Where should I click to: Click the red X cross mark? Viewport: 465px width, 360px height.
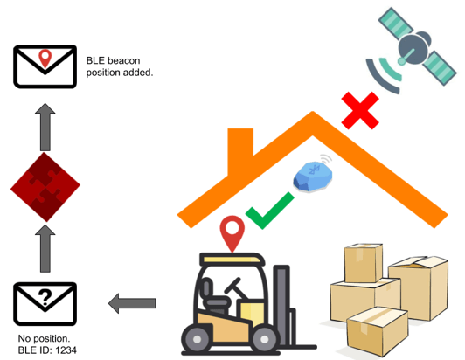[x=360, y=110]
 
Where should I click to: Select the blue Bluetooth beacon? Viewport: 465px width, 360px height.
[x=313, y=177]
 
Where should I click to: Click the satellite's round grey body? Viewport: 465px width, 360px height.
[x=413, y=48]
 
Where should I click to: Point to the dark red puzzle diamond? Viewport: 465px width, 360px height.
[x=45, y=187]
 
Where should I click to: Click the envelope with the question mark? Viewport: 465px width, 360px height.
[x=45, y=304]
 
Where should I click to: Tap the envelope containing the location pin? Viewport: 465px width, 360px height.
[x=45, y=66]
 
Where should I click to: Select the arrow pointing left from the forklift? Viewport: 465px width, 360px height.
[x=132, y=303]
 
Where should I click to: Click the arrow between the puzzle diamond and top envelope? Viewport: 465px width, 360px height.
[x=45, y=127]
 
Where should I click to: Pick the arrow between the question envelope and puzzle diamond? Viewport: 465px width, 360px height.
[x=45, y=248]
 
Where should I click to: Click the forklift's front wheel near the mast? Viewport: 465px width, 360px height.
[x=264, y=338]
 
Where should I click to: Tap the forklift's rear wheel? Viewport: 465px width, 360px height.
[x=197, y=338]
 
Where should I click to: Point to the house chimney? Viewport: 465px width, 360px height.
[x=240, y=149]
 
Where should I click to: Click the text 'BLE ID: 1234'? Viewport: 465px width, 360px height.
[x=47, y=350]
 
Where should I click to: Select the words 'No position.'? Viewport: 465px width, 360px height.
[x=44, y=338]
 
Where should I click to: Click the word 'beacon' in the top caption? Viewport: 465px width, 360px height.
[x=123, y=60]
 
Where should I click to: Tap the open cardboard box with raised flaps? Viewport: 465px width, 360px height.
[x=418, y=287]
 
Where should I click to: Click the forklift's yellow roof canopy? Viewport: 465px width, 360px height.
[x=232, y=260]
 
